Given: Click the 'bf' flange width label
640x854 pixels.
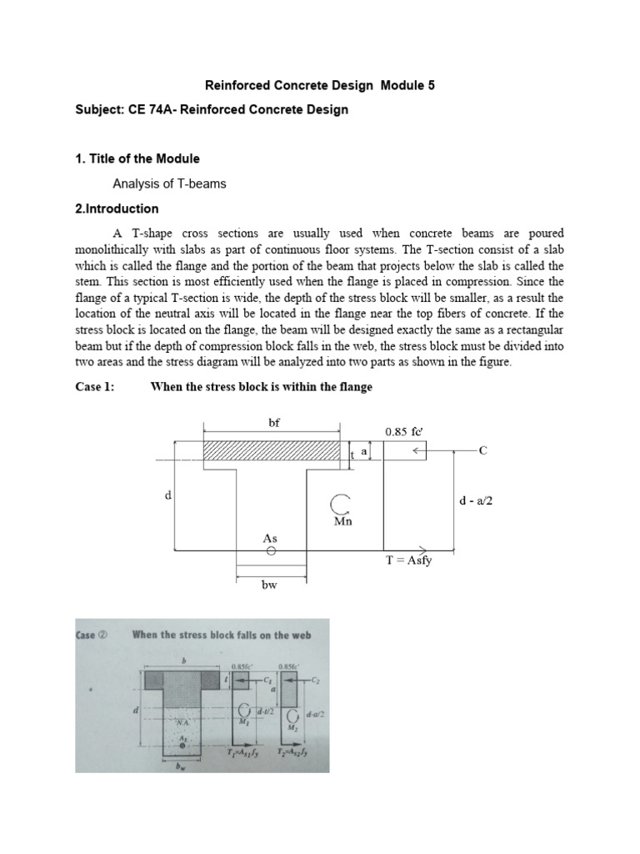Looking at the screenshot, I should point(273,423).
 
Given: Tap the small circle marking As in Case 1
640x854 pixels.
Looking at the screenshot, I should point(271,551).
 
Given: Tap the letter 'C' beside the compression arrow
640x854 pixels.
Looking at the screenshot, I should point(482,450).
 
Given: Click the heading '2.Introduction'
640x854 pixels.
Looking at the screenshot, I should point(117,208).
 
